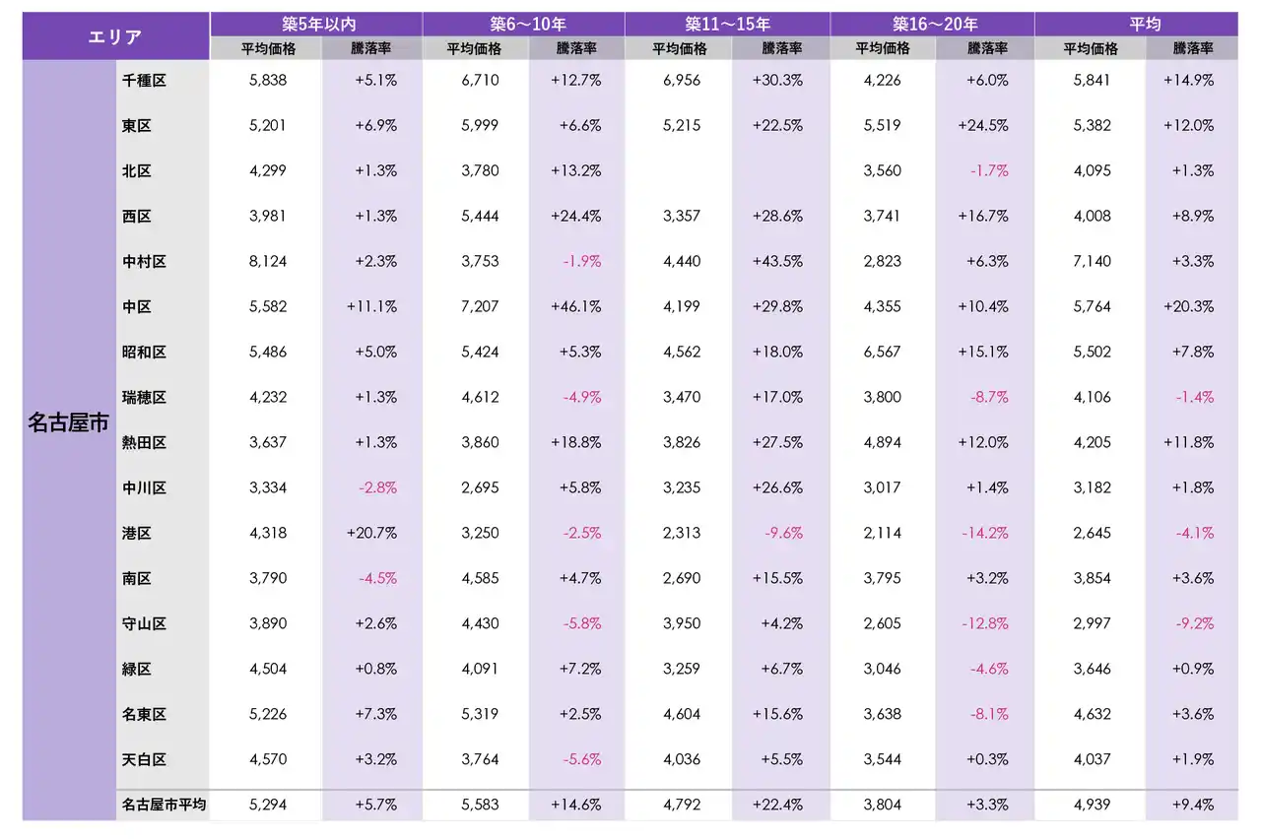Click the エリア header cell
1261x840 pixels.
pyautogui.click(x=115, y=36)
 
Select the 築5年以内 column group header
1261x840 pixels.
pyautogui.click(x=316, y=24)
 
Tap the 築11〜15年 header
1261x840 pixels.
pyautogui.click(x=727, y=24)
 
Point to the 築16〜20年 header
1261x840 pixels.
pyautogui.click(x=932, y=24)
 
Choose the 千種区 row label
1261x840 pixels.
pyautogui.click(x=144, y=81)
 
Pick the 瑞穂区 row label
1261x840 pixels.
pyautogui.click(x=144, y=398)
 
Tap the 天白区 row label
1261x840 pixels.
pyautogui.click(x=144, y=760)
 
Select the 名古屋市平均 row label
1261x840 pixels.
pyautogui.click(x=164, y=806)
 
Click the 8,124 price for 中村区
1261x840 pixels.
pyautogui.click(x=268, y=262)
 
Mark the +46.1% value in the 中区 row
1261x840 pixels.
pyautogui.click(x=576, y=307)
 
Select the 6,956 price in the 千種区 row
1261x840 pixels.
pyautogui.click(x=681, y=81)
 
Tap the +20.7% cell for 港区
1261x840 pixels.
pyautogui.click(x=372, y=534)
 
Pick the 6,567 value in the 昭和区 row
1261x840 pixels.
pyautogui.click(x=882, y=353)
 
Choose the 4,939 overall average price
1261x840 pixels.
pyautogui.click(x=1092, y=806)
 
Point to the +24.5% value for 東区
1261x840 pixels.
pyautogui.click(x=983, y=126)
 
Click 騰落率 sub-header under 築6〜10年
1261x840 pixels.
pyautogui.click(x=576, y=48)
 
